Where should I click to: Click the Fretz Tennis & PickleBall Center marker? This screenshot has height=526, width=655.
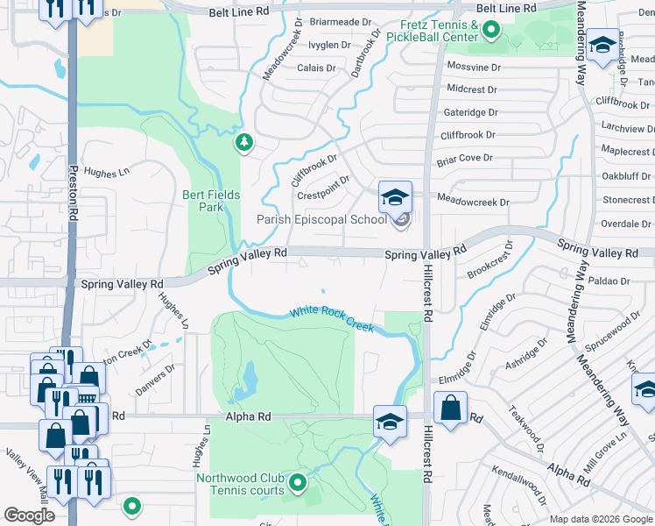click(490, 33)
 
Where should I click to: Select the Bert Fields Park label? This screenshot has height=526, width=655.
click(203, 201)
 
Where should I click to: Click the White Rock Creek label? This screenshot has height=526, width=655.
click(332, 319)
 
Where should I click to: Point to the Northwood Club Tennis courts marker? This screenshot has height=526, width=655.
click(299, 481)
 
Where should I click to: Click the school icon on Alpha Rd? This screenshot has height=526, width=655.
click(390, 422)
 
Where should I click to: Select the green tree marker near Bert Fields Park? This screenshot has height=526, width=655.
click(243, 142)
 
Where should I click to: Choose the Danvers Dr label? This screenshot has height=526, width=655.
click(157, 378)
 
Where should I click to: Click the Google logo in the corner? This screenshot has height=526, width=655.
click(28, 515)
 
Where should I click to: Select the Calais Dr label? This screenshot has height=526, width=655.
click(316, 68)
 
